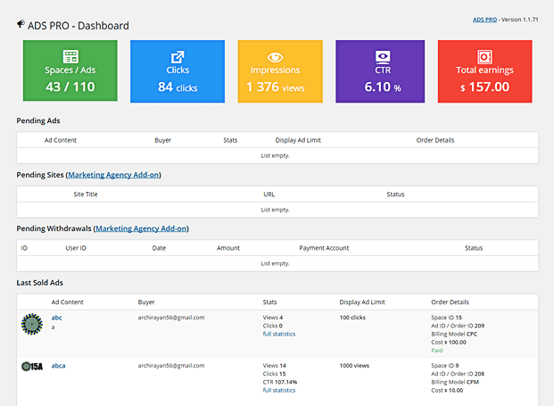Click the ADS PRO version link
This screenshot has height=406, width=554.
(x=484, y=20)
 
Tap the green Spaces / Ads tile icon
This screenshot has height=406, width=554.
(x=70, y=56)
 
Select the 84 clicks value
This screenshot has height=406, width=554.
(x=178, y=87)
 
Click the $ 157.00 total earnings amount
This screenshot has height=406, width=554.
(x=484, y=87)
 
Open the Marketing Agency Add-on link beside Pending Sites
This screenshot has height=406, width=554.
(x=114, y=174)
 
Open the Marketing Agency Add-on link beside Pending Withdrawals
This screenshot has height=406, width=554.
(x=141, y=228)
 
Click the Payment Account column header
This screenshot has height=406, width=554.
(x=324, y=248)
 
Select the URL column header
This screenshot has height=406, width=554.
(x=269, y=194)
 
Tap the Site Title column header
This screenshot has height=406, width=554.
(x=86, y=194)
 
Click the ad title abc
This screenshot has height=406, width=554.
(x=56, y=317)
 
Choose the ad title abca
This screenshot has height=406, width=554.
(x=58, y=365)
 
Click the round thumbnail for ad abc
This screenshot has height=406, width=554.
(x=31, y=323)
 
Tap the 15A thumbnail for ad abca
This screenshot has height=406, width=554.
(x=31, y=366)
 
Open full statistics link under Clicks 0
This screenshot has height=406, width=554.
(x=278, y=334)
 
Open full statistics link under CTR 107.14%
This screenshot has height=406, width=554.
(x=278, y=390)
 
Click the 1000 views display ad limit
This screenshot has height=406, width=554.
(x=356, y=366)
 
